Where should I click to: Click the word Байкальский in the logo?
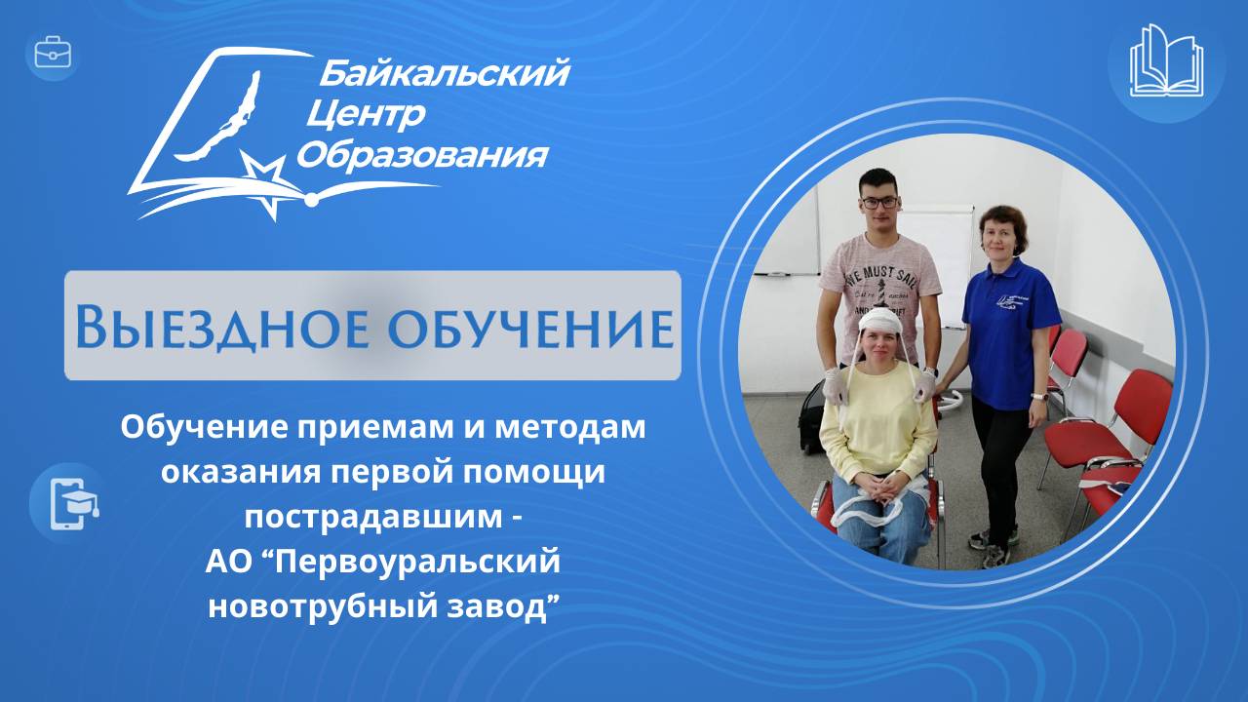click(444, 72)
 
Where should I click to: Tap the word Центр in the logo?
click(366, 115)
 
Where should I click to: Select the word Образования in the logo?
click(421, 155)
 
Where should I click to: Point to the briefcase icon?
click(52, 53)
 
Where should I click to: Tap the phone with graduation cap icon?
click(65, 503)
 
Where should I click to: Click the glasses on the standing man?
click(878, 202)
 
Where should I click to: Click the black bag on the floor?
click(811, 418)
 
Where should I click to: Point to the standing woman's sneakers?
click(994, 546)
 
